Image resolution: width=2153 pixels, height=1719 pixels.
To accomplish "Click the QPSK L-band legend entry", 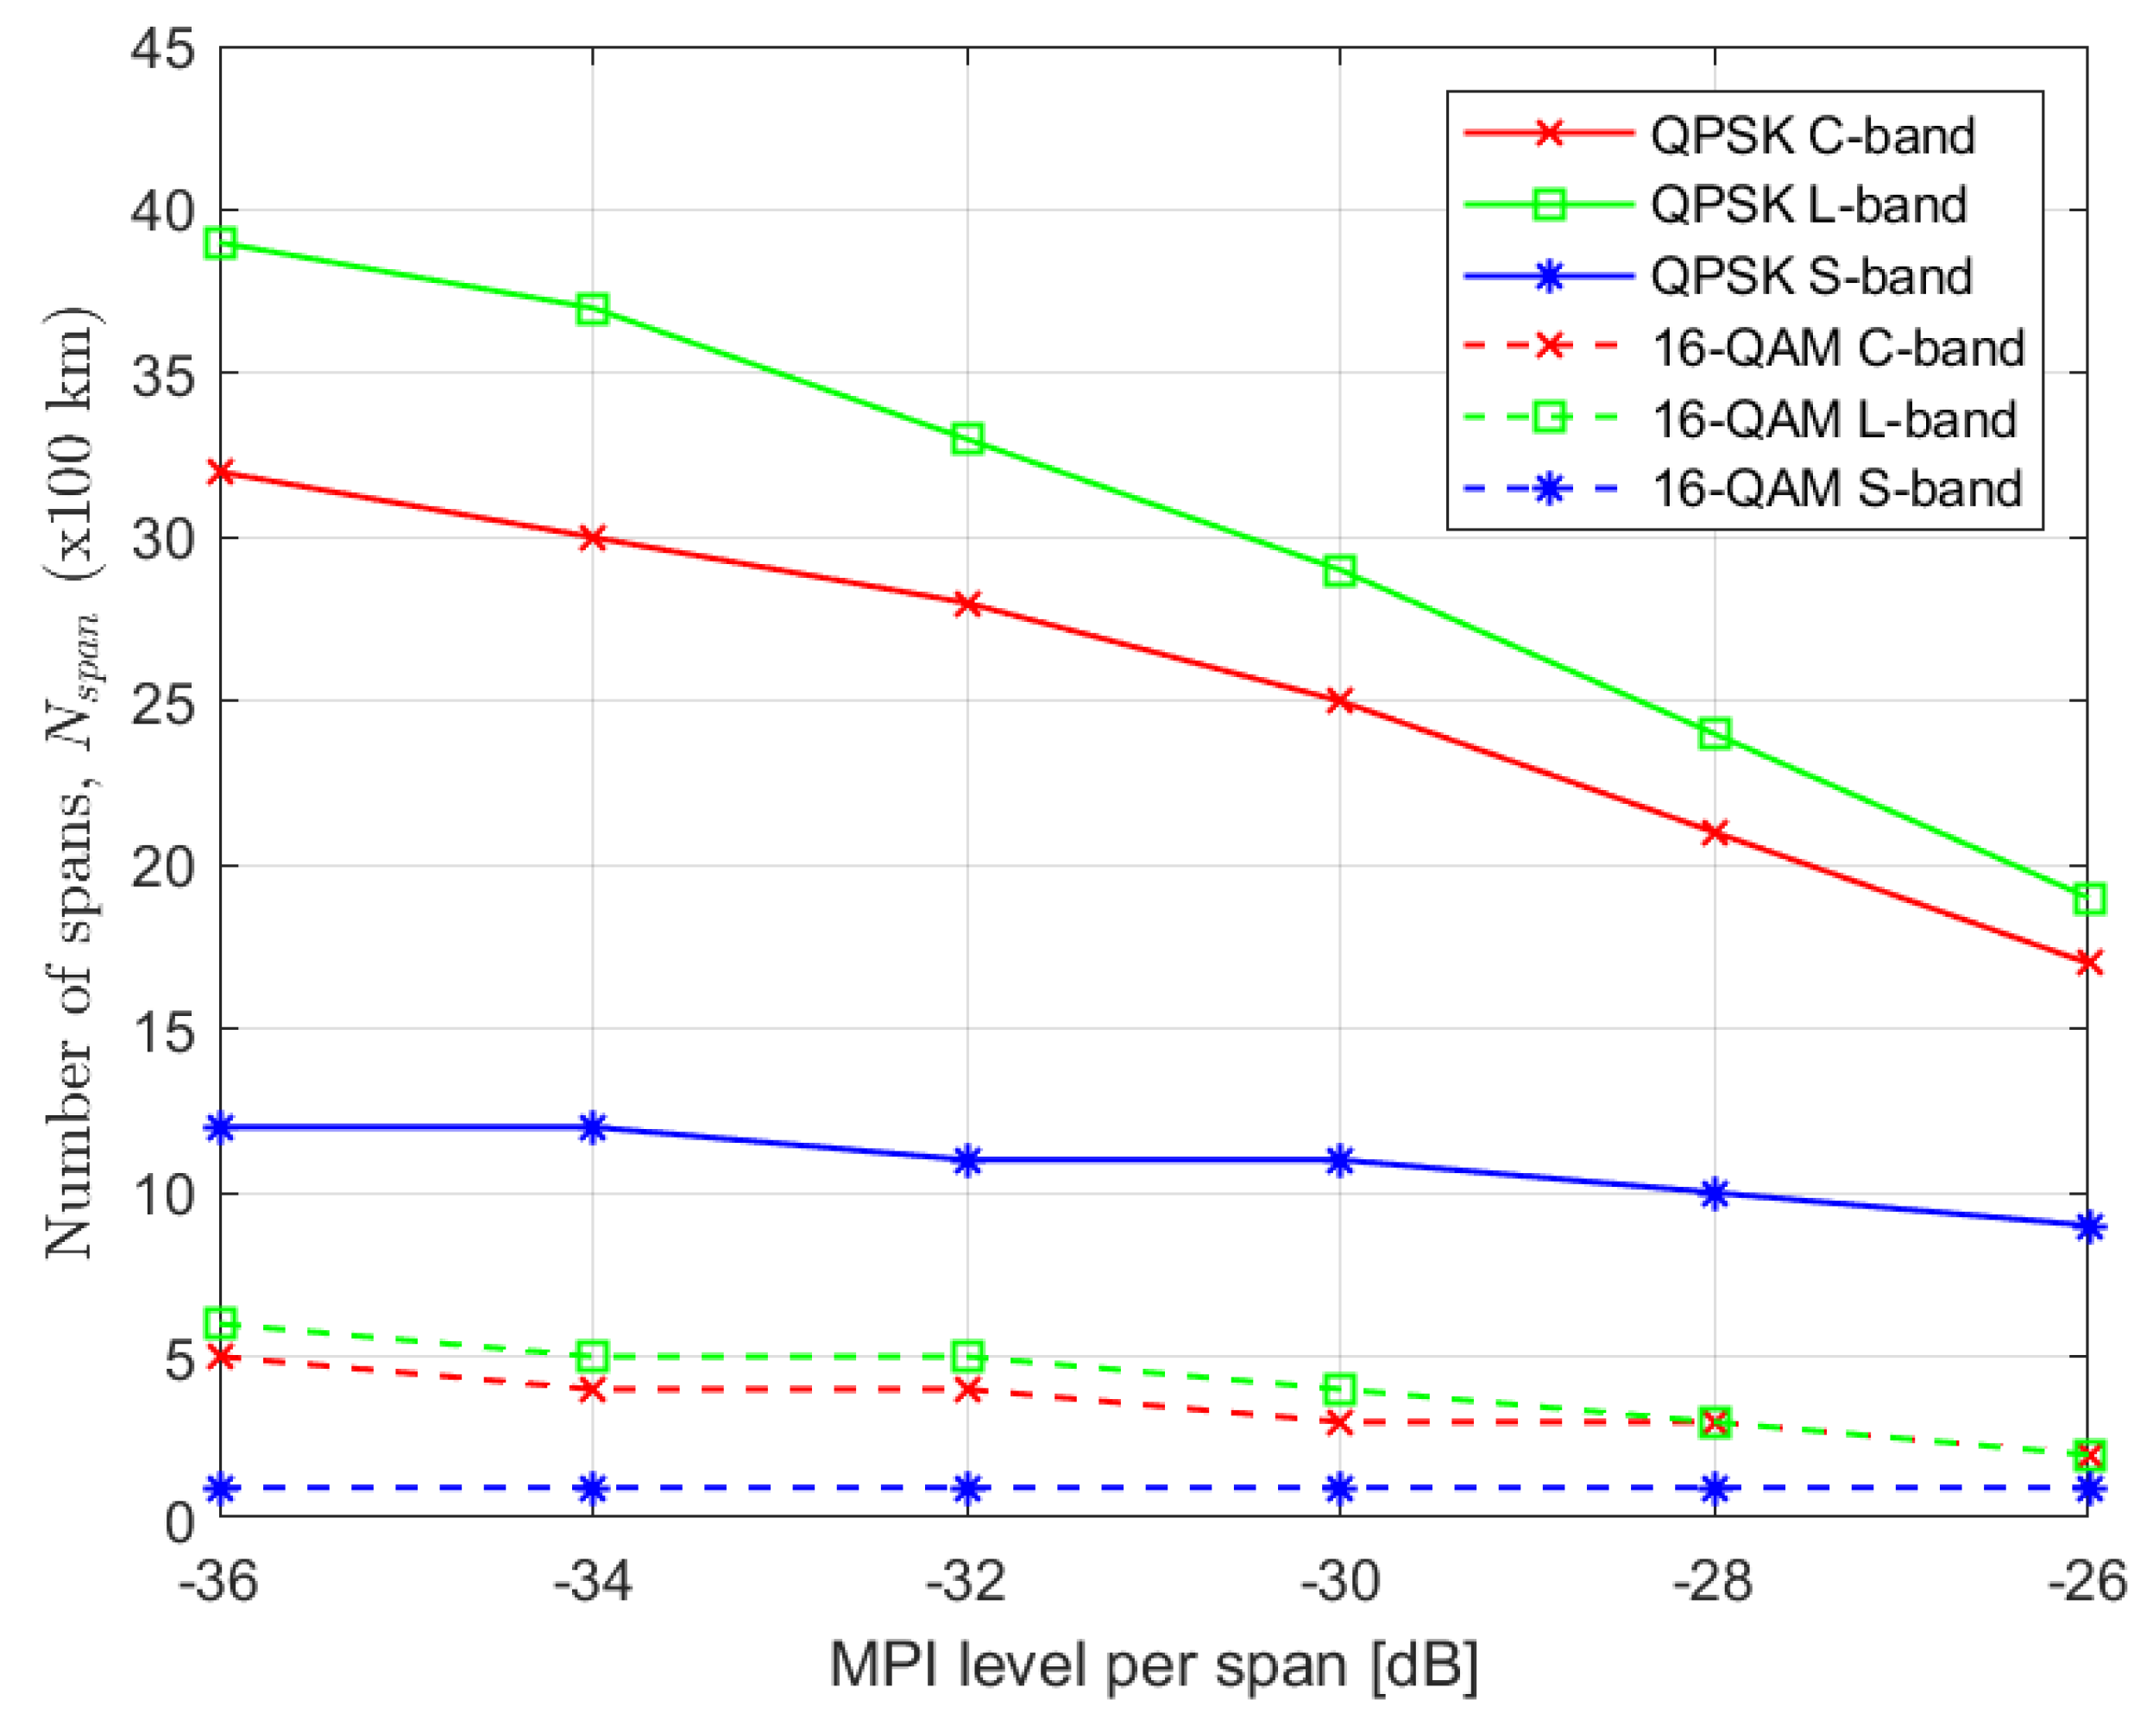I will [x=1808, y=204].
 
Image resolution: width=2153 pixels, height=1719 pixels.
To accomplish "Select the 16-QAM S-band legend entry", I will [x=1836, y=488].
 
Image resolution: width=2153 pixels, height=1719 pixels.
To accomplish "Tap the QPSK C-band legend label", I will [x=1811, y=135].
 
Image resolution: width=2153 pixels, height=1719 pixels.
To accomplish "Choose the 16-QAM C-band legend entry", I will [x=1837, y=348].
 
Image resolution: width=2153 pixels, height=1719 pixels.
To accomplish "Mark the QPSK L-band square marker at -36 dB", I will [x=221, y=243].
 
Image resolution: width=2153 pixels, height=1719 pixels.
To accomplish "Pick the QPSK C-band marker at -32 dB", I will [x=966, y=604].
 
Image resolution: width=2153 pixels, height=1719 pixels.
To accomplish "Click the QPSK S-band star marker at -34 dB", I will [x=593, y=1127].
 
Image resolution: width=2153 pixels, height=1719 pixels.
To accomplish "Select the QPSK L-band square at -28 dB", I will [x=1715, y=734].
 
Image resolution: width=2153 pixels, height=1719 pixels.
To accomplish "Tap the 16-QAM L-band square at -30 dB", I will [x=1339, y=1389].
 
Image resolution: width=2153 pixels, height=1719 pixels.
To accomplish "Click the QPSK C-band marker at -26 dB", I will [x=2088, y=963].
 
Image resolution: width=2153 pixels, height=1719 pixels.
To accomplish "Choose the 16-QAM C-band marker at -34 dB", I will [x=593, y=1389].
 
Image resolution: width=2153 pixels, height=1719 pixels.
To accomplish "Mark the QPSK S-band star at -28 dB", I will [x=1715, y=1193].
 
